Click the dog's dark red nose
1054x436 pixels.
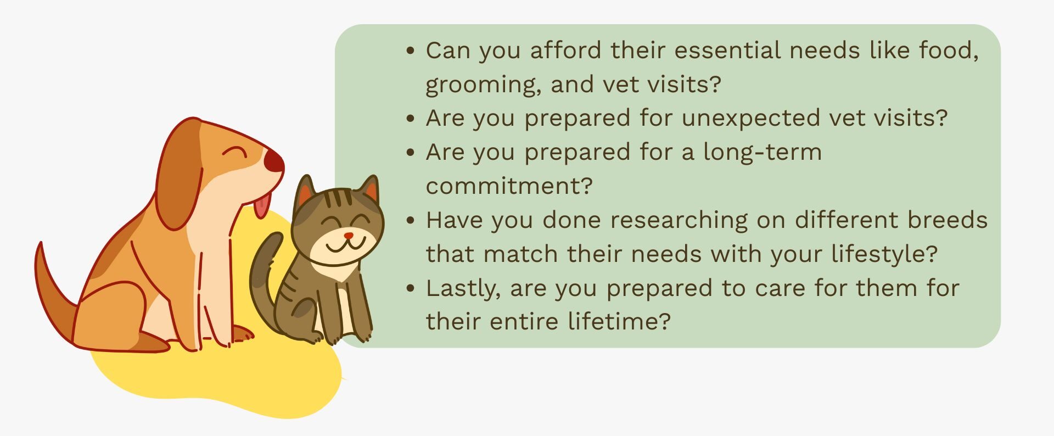[274, 161]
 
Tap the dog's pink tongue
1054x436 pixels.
[261, 205]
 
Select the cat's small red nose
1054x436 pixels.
[349, 236]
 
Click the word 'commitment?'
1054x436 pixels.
[509, 186]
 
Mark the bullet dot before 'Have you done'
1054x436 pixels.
[411, 220]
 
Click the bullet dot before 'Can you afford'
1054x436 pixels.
[411, 51]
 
